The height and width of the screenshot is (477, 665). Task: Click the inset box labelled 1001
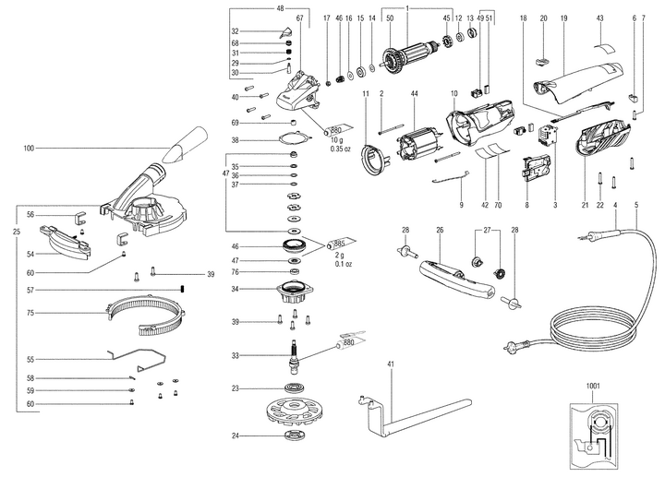602,435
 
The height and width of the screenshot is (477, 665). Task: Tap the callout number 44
415,95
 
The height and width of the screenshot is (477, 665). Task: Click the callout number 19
562,18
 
